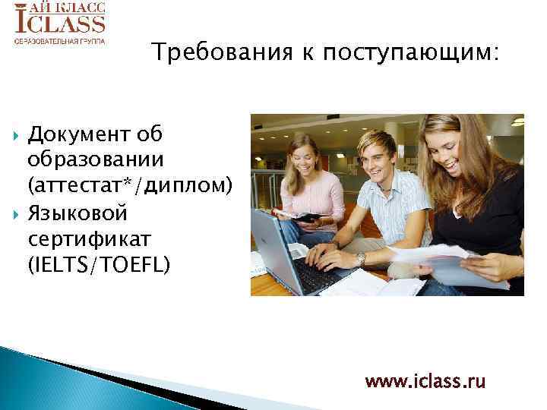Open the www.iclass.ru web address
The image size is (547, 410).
[x=425, y=381]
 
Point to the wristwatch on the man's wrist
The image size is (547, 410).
[x=362, y=259]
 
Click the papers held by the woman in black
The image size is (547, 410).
[x=433, y=262]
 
